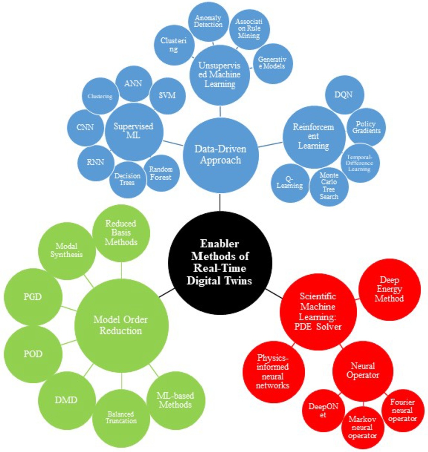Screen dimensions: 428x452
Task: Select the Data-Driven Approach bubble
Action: tap(220, 155)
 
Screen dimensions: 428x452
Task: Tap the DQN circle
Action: tap(344, 95)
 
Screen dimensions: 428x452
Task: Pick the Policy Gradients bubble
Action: tap(366, 127)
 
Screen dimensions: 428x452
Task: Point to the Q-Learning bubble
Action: tap(290, 183)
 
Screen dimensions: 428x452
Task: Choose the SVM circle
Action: tap(167, 96)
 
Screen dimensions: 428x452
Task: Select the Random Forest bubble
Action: tap(161, 173)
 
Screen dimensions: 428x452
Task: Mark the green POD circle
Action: tap(33, 354)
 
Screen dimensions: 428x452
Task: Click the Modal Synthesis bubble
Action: tap(67, 251)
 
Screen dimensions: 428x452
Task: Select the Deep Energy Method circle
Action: tap(389, 289)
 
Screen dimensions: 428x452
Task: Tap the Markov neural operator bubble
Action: tap(363, 427)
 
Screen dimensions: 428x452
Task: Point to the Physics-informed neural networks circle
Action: tap(274, 372)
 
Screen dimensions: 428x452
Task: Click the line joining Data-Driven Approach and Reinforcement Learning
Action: tap(271, 144)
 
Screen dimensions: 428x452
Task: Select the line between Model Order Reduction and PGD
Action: tap(69, 309)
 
